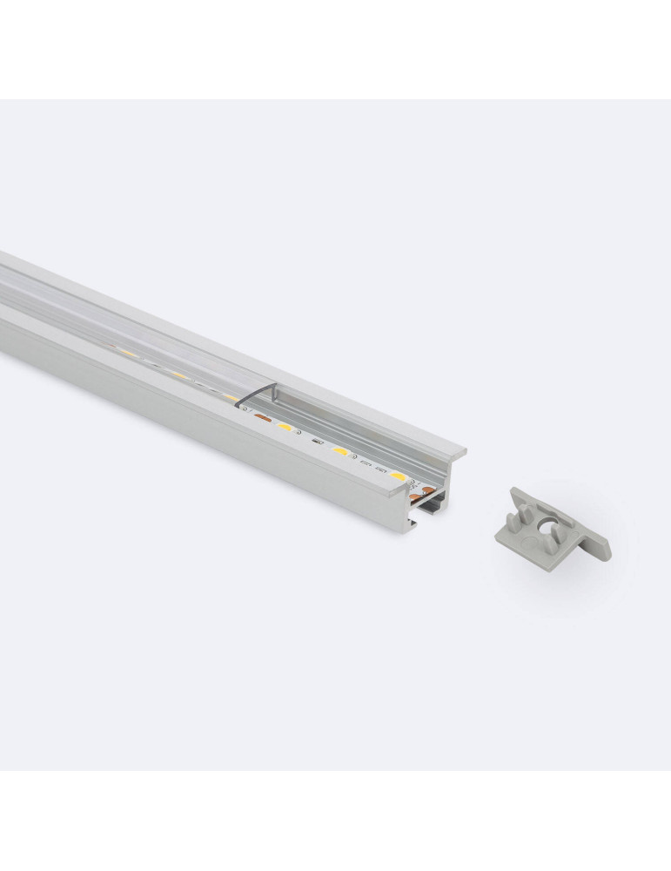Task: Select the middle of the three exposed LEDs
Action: [x=339, y=452]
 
